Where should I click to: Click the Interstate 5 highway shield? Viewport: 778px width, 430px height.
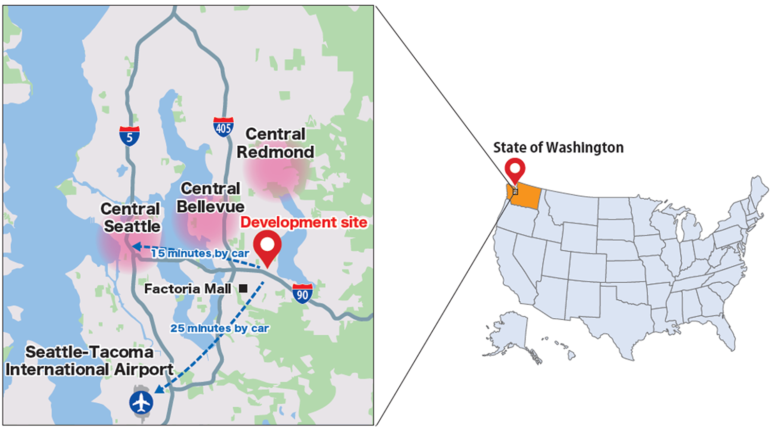tap(129, 136)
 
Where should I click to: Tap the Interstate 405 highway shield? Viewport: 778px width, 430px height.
tap(223, 127)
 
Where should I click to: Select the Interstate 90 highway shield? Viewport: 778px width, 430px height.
tap(302, 293)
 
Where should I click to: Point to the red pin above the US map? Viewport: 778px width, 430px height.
tap(515, 170)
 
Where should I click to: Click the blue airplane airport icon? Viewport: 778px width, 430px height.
tap(141, 402)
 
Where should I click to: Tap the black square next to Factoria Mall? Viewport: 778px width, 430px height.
tap(243, 289)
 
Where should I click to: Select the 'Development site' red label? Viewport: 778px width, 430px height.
tap(304, 223)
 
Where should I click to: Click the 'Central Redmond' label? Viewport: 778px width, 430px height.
tap(275, 143)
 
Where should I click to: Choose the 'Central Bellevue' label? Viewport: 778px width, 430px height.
tap(210, 198)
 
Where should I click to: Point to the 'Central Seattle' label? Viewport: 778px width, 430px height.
tap(131, 218)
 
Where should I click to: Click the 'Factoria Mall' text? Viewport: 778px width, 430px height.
tap(188, 289)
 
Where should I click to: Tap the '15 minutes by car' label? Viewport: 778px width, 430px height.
tap(199, 253)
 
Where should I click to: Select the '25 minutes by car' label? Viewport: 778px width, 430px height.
tap(219, 328)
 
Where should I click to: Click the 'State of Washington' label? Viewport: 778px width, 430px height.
tap(558, 148)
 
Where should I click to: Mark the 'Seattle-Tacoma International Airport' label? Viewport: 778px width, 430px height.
tap(89, 361)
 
